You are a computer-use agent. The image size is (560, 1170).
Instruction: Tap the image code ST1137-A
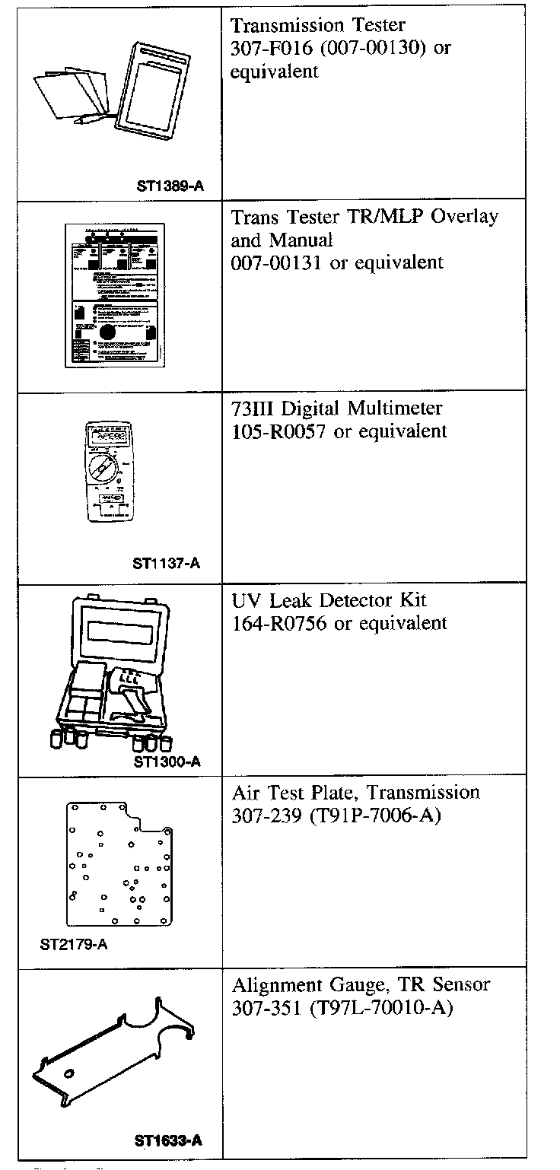(167, 564)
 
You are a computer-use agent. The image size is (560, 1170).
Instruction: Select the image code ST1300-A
(167, 761)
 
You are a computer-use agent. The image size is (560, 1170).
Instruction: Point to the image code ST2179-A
(73, 946)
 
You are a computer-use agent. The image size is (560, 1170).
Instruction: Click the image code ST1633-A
(168, 1140)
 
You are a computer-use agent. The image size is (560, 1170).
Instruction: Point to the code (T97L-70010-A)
(383, 1008)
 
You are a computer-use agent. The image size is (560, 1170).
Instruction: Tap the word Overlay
(464, 217)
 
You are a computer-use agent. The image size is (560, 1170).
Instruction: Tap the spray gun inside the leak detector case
(129, 685)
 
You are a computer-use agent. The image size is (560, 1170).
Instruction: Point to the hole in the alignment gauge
(69, 1074)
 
